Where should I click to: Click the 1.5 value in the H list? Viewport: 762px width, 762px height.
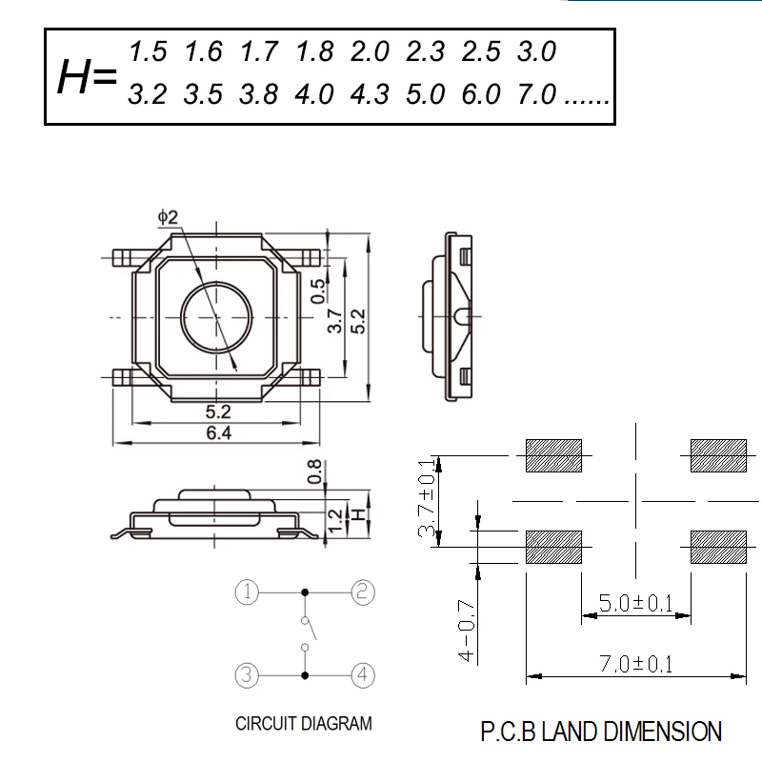click(x=148, y=51)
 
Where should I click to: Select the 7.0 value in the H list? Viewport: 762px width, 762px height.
click(x=536, y=93)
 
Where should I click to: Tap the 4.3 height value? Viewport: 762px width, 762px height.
click(x=370, y=93)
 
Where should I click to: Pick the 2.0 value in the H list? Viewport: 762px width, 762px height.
click(x=370, y=51)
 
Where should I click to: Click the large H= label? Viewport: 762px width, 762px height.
click(x=88, y=76)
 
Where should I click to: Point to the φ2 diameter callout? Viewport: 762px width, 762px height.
click(x=169, y=217)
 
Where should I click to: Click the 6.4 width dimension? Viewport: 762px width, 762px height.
click(x=219, y=432)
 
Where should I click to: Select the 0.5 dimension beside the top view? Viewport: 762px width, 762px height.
click(x=318, y=291)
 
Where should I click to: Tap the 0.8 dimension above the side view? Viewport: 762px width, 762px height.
click(x=315, y=471)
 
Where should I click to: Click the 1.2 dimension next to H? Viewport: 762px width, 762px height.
click(x=336, y=520)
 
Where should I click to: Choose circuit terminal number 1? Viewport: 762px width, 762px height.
click(x=247, y=592)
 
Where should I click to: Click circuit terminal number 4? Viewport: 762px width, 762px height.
click(x=363, y=675)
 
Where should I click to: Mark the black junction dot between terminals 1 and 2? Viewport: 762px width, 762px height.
click(x=305, y=592)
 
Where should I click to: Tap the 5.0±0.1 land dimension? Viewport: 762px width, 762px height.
click(x=635, y=603)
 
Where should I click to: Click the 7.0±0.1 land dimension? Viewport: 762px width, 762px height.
click(x=635, y=664)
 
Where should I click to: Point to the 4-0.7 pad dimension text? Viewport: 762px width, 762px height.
click(x=467, y=631)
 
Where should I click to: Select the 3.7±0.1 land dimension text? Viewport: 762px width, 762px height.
click(x=426, y=497)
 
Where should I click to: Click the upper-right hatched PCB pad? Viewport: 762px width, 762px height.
click(x=718, y=456)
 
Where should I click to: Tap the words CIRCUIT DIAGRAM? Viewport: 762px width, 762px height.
click(x=304, y=724)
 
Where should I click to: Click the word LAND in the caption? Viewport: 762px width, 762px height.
click(x=569, y=732)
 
